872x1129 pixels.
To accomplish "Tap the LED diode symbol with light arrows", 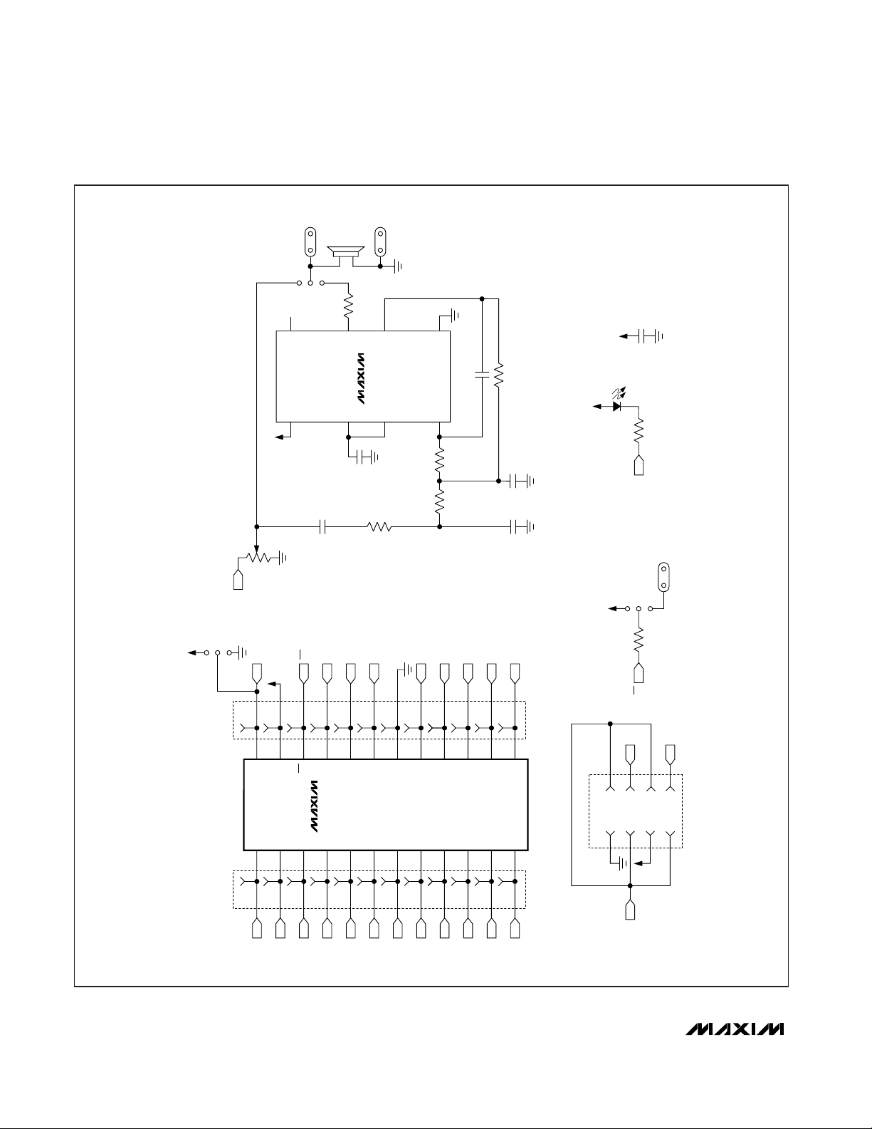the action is pyautogui.click(x=618, y=400).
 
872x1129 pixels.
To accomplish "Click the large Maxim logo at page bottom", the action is pyautogui.click(x=735, y=1029).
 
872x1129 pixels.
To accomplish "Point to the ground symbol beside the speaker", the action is pyautogui.click(x=398, y=266).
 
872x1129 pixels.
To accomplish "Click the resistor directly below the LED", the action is pyautogui.click(x=639, y=431).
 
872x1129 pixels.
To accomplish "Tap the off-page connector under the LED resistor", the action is pyautogui.click(x=639, y=465).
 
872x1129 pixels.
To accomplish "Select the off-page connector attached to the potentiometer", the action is pyautogui.click(x=238, y=580).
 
